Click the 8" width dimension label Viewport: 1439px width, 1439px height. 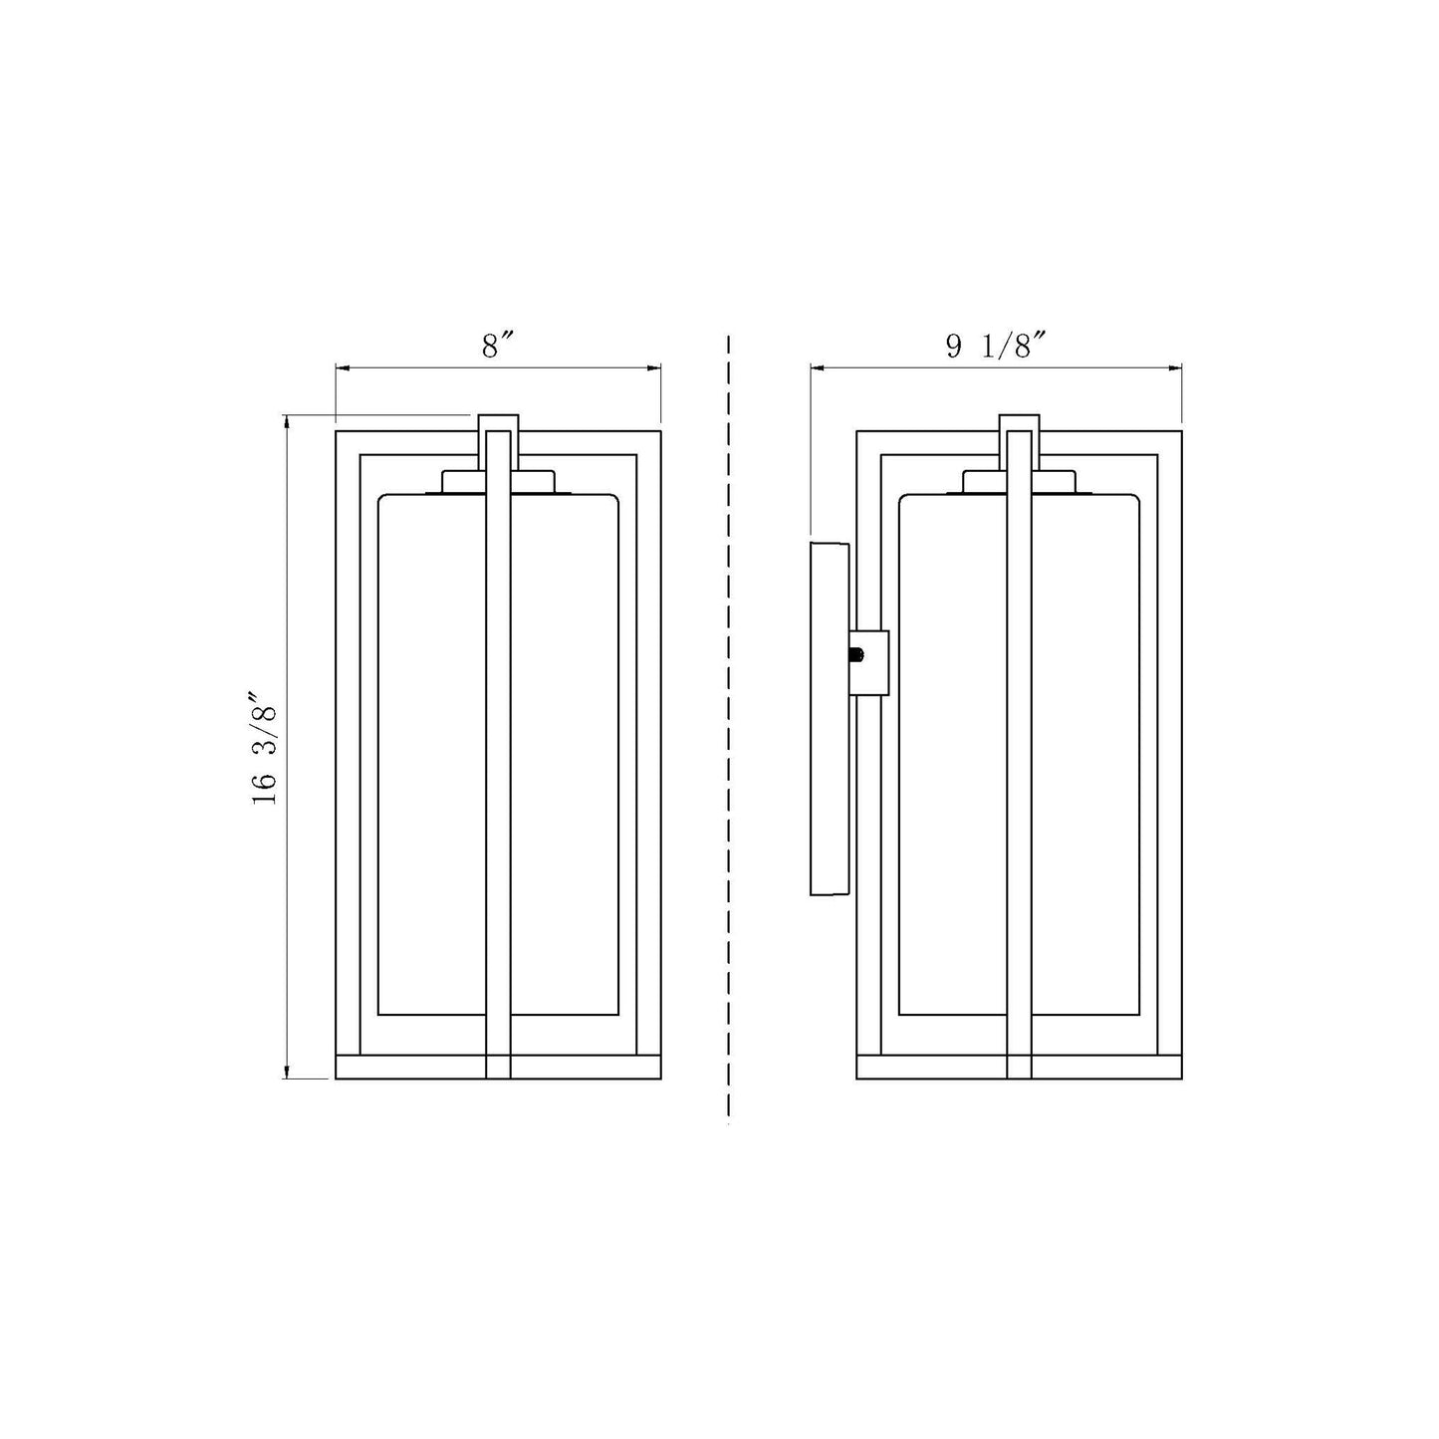click(x=497, y=346)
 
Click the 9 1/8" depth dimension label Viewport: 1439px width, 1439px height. click(x=996, y=346)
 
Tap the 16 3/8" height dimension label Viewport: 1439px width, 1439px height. click(x=265, y=747)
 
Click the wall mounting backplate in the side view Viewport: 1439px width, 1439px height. click(x=830, y=718)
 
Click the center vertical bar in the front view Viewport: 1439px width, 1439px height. click(x=498, y=757)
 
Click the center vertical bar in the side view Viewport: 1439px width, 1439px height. click(x=1019, y=757)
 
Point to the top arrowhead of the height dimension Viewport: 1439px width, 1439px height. click(x=288, y=422)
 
